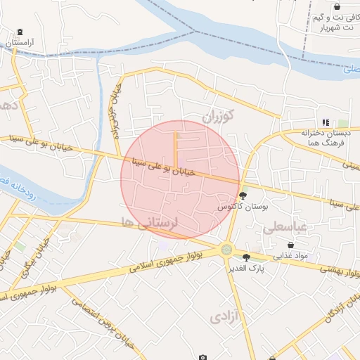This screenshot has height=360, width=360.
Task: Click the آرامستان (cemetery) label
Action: [x=20, y=42]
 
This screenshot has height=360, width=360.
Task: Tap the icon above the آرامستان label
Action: [x=20, y=32]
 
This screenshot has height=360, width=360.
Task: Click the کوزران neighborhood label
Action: [x=217, y=115]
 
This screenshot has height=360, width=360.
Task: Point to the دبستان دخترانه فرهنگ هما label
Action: [x=325, y=137]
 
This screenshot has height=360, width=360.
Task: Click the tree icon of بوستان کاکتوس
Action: [x=243, y=195]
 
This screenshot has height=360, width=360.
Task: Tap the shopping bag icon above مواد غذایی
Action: [x=291, y=245]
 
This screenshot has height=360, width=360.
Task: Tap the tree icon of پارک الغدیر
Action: [x=245, y=257]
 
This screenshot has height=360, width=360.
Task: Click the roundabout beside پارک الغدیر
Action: [x=226, y=249]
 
